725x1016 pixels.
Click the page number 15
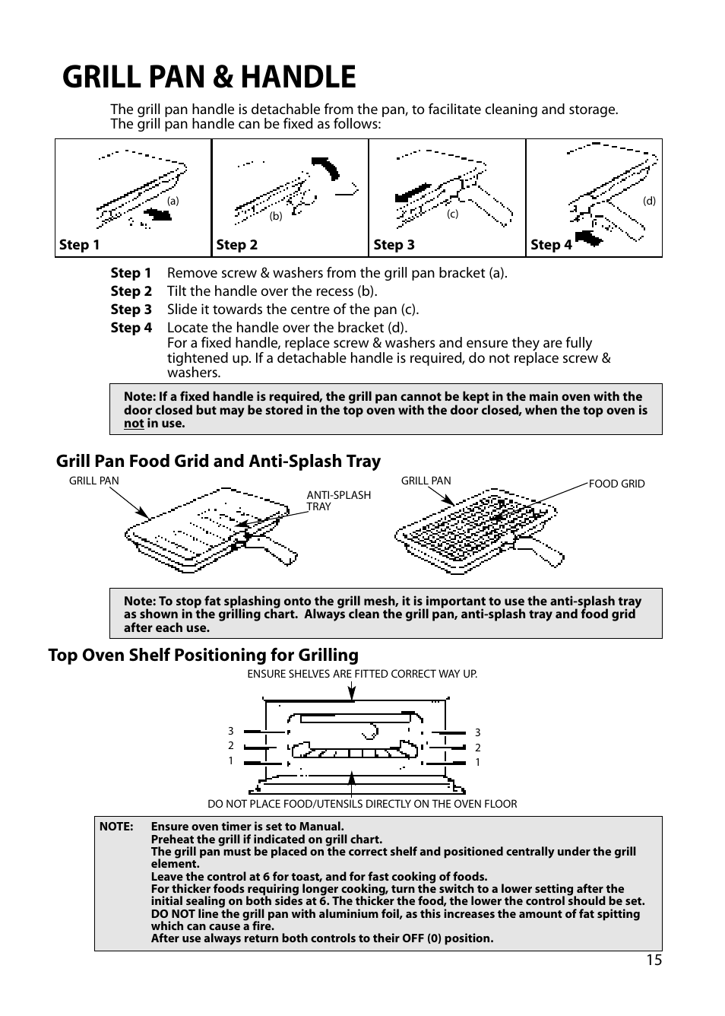click(654, 960)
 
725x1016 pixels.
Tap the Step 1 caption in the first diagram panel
click(80, 244)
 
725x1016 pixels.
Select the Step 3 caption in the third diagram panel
click(394, 244)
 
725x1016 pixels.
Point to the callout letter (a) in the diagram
click(173, 202)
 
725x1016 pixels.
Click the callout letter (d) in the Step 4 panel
click(649, 202)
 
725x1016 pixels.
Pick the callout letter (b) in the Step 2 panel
click(276, 216)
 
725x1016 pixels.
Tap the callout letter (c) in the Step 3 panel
click(452, 214)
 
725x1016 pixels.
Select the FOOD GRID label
click(616, 484)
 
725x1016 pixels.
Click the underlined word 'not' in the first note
click(134, 424)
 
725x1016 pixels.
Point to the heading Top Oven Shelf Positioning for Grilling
click(203, 655)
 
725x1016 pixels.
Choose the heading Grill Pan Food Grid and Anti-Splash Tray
click(218, 461)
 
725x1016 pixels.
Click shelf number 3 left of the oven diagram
click(231, 732)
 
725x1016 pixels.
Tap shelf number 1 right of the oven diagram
click(477, 762)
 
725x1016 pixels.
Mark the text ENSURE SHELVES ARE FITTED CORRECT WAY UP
click(362, 674)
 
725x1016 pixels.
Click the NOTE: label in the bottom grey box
click(116, 827)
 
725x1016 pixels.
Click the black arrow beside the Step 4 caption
click(587, 239)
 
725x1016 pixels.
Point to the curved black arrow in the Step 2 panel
click(327, 167)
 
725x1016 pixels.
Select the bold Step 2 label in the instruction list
click(131, 291)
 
